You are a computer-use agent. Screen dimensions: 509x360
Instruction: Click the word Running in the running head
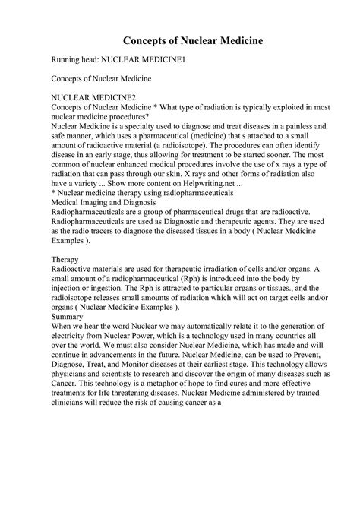(68, 58)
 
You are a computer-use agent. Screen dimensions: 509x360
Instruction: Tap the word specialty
(147, 128)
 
